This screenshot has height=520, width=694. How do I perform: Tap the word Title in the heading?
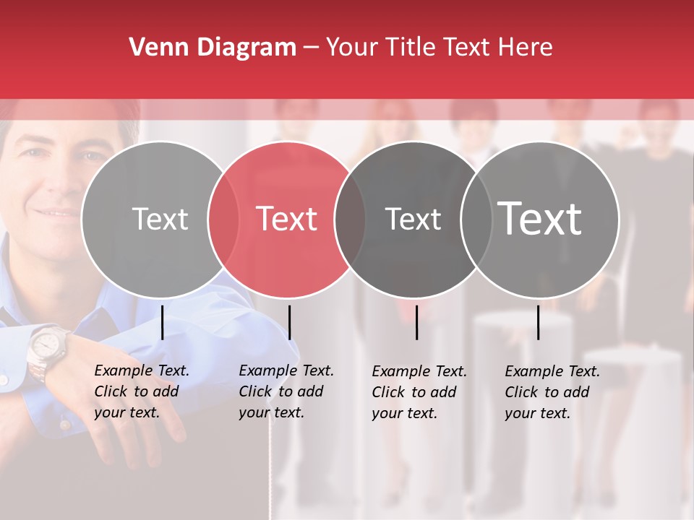(412, 48)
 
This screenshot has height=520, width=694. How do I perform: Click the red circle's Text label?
(287, 219)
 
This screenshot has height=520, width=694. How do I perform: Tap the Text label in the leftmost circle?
(160, 219)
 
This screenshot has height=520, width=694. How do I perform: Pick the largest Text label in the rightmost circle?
(540, 218)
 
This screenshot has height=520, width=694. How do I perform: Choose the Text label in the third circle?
(414, 219)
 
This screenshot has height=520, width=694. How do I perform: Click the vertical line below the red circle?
(289, 322)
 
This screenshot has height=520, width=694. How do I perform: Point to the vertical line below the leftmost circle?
(163, 322)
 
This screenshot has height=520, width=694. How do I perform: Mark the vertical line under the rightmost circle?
(539, 322)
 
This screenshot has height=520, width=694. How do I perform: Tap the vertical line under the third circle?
(417, 322)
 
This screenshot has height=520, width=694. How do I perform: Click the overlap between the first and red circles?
(223, 219)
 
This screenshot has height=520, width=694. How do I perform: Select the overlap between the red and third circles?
(350, 219)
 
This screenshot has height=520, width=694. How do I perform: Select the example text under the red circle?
(286, 391)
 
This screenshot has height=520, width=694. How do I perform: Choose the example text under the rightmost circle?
(552, 392)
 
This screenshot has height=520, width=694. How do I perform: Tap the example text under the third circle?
(419, 392)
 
